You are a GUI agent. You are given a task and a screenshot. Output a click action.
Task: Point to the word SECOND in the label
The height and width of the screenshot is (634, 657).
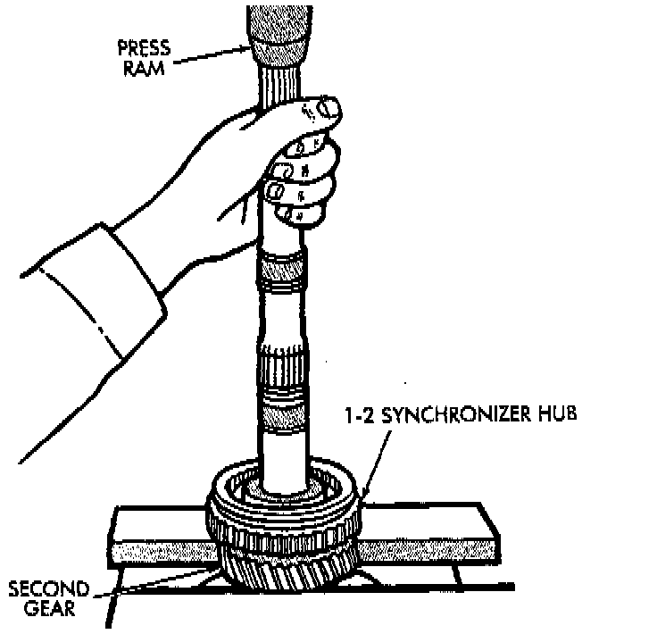[x=49, y=590]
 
